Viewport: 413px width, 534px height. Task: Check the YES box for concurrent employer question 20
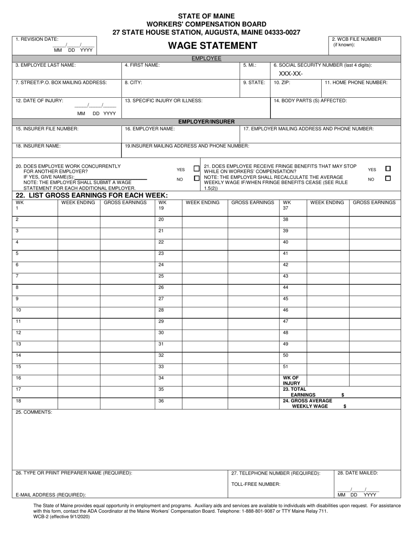click(197, 169)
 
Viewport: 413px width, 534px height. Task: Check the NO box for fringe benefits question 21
click(388, 178)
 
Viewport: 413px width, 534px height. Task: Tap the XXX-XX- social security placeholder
click(291, 73)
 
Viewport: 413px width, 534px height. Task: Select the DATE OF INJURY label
click(40, 100)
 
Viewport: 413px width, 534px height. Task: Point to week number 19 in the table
click(161, 208)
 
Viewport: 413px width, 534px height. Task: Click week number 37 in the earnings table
click(286, 208)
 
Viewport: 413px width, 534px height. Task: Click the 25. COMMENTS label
click(34, 412)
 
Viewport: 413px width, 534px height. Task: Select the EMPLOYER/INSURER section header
click(206, 122)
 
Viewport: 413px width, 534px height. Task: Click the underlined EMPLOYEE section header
click(206, 58)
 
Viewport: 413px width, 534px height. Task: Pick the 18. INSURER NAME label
click(38, 146)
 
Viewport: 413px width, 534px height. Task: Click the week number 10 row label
click(18, 310)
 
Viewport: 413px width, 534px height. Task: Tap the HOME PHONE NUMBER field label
click(356, 82)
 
